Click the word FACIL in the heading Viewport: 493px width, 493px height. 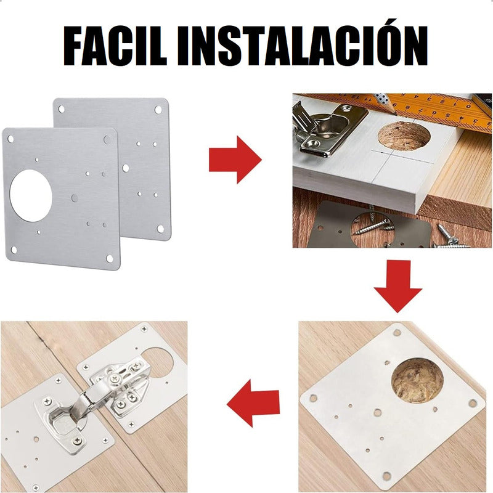click(x=115, y=46)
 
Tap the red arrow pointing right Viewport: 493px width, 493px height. click(x=235, y=160)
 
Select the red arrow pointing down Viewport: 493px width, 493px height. click(x=397, y=286)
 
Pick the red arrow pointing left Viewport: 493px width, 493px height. click(x=253, y=404)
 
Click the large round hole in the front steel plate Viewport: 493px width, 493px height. click(x=31, y=195)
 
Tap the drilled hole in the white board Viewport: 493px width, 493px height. click(x=404, y=135)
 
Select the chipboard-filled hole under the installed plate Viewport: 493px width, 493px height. click(x=417, y=380)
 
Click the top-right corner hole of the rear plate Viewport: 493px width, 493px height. click(x=158, y=110)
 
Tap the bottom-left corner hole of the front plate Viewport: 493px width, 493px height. click(x=14, y=250)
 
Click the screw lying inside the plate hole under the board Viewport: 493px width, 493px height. click(x=373, y=226)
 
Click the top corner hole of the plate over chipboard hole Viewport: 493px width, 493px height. click(x=397, y=332)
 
